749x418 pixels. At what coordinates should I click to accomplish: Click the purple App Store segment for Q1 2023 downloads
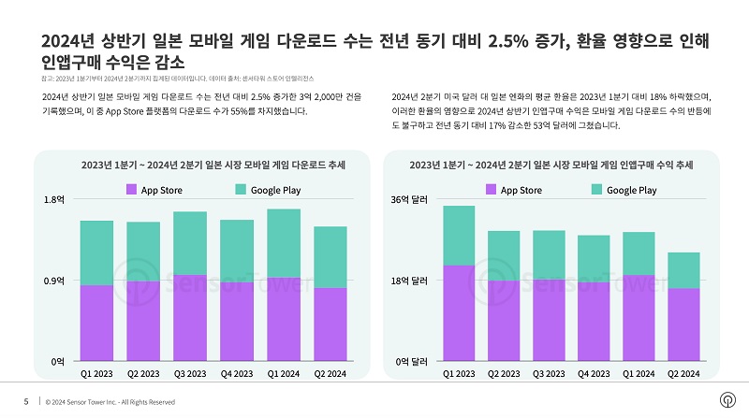click(x=96, y=323)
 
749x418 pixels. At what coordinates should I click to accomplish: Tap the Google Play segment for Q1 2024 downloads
click(x=284, y=243)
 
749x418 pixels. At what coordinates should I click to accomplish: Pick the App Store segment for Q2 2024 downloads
click(x=330, y=324)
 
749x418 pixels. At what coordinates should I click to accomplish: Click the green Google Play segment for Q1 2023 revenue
click(x=459, y=236)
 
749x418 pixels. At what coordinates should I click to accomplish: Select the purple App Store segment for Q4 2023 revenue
click(x=594, y=321)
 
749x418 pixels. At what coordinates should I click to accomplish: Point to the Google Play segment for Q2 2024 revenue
click(x=684, y=270)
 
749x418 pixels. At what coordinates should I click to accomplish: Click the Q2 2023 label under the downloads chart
click(x=143, y=374)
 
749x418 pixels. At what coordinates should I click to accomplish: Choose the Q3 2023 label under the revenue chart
click(x=549, y=374)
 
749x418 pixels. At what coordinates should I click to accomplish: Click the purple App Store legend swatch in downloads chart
click(x=131, y=190)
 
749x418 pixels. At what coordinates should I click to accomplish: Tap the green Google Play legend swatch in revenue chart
click(x=595, y=190)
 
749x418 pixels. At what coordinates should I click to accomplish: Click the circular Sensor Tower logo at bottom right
click(x=726, y=401)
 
